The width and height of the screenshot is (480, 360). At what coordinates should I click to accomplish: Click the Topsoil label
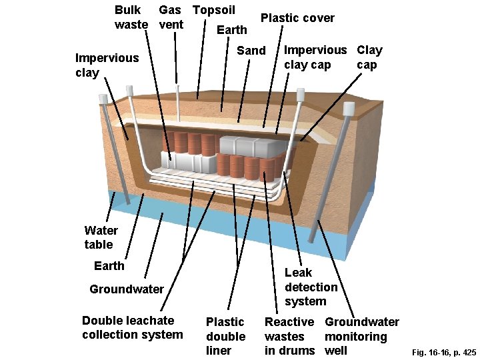[214, 10]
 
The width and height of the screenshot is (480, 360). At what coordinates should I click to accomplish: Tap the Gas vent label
[171, 17]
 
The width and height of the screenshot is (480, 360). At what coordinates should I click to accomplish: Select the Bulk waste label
[131, 17]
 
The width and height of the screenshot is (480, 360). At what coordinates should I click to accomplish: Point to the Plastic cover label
[297, 18]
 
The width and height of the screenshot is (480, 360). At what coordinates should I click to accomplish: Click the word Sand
[251, 51]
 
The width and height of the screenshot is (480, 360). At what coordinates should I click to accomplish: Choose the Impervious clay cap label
[315, 57]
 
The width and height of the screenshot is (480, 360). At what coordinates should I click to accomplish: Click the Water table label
[101, 237]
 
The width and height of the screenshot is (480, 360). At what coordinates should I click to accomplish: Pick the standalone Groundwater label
[127, 289]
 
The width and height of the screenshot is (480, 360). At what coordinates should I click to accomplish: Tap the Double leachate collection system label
[133, 327]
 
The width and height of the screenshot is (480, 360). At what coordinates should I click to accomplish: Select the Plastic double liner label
[225, 336]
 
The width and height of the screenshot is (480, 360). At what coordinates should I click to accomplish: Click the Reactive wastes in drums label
[289, 336]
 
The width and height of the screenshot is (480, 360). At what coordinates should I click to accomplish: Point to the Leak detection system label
[311, 287]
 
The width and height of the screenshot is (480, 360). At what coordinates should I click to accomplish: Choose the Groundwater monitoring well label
[362, 336]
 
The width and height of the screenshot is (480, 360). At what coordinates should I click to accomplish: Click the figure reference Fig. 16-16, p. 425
[444, 353]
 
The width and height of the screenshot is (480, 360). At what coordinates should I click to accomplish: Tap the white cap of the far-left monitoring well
[103, 99]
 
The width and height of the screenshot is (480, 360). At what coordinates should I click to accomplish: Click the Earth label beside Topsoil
[232, 30]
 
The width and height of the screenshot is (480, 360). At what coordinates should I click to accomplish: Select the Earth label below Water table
[109, 266]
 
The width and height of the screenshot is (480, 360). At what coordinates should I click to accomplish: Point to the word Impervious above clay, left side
[107, 58]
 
